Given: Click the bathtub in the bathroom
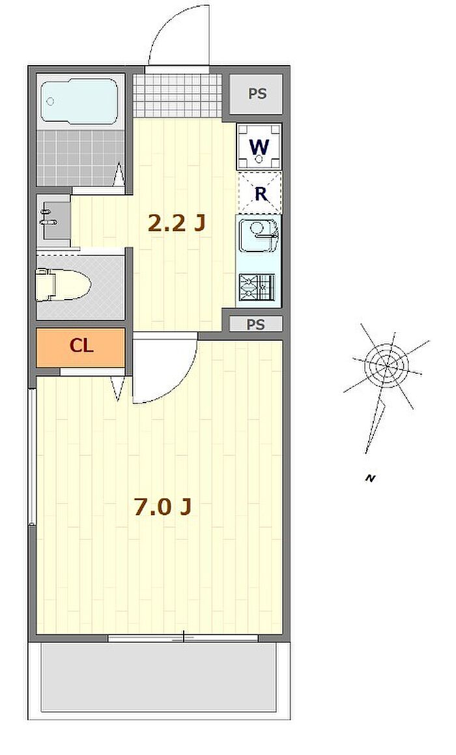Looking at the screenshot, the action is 80,101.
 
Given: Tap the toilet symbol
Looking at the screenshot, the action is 63,285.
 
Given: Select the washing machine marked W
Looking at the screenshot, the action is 259,145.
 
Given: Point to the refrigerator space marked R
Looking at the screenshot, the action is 260,193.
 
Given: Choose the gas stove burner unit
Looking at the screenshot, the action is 256,287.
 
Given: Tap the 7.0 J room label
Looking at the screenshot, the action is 164,507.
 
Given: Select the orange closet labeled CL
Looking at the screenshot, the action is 81,346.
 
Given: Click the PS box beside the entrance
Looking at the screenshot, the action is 257,93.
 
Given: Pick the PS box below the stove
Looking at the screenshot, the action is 256,324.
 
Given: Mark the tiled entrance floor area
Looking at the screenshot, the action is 177,96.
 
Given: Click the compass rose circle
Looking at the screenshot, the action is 387,364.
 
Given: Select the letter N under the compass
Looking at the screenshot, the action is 370,479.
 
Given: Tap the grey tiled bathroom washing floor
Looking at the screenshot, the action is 80,156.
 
